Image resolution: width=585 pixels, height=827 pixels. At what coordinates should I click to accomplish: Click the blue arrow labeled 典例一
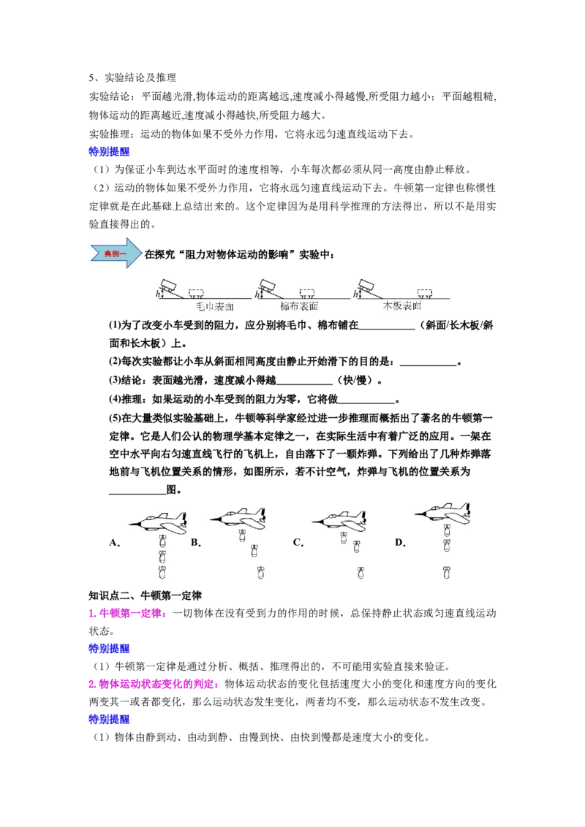tap(116, 254)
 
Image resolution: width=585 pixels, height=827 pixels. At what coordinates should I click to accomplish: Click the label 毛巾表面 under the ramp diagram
tap(215, 306)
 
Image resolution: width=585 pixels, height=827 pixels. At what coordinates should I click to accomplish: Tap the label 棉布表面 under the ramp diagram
tap(299, 306)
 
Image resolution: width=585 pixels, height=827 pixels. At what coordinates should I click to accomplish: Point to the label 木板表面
tap(402, 306)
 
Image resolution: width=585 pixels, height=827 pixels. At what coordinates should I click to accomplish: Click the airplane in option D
tap(443, 512)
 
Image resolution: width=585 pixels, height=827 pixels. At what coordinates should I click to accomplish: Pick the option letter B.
tap(195, 542)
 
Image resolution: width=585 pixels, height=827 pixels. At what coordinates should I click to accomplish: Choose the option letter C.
tap(298, 542)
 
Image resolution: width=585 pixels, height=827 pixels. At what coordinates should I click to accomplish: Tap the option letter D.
tap(400, 542)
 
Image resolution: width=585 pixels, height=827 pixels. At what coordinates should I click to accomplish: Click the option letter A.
tap(114, 542)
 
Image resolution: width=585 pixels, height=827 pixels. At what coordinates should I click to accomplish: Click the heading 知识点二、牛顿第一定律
tap(146, 595)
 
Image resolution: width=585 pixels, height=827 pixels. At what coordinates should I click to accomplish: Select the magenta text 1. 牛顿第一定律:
tap(128, 614)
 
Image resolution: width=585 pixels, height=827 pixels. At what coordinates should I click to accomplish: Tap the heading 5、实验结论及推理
tap(132, 77)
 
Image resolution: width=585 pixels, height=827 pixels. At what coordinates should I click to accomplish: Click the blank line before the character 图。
tap(137, 494)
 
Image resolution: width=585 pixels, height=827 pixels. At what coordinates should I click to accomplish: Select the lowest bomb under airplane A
tap(162, 572)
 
